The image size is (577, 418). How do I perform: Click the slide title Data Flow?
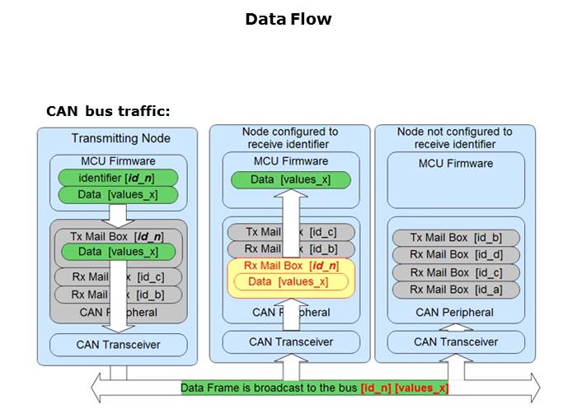pyautogui.click(x=288, y=19)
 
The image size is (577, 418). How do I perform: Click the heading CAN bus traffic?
pyautogui.click(x=108, y=111)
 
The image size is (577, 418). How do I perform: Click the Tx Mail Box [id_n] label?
pyautogui.click(x=116, y=236)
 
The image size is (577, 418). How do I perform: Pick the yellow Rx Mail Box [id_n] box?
pyautogui.click(x=290, y=266)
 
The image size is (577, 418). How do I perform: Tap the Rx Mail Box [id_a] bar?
pyautogui.click(x=456, y=290)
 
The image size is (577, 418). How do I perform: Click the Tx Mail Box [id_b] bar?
pyautogui.click(x=456, y=238)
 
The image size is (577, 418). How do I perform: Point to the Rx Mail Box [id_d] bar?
pyautogui.click(x=456, y=255)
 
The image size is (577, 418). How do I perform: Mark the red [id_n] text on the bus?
pyautogui.click(x=377, y=388)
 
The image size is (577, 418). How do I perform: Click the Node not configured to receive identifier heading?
pyautogui.click(x=454, y=137)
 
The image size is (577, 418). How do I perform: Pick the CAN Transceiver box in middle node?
pyautogui.click(x=290, y=341)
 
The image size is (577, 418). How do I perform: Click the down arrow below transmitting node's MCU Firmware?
pyautogui.click(x=120, y=215)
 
